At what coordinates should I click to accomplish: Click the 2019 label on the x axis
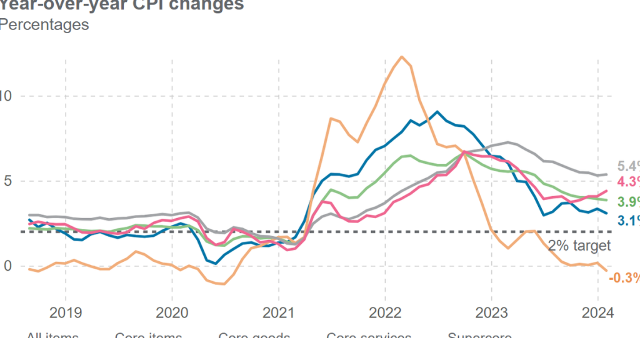pos(65,312)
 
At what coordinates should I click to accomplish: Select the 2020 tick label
pos(172,312)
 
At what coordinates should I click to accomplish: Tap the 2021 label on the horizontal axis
pos(278,312)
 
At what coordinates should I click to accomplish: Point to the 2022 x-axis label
pos(384,312)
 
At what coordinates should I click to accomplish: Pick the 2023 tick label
pos(491,312)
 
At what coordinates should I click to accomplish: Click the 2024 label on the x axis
pos(597,312)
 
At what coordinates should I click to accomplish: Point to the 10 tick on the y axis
pos(6,96)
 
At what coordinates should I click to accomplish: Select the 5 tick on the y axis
pos(7,181)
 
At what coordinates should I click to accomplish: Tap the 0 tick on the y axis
pos(7,266)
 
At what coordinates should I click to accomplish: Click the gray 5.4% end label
pos(627,166)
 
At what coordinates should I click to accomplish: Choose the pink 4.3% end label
pos(627,182)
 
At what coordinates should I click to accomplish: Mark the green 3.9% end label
pos(627,202)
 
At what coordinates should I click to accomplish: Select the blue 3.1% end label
pos(627,220)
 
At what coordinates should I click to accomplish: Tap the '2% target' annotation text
pos(579,246)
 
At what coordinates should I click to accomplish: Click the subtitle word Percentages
pos(44,25)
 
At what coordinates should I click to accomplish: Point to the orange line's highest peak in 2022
pos(402,57)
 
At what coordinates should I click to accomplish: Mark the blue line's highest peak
pos(437,112)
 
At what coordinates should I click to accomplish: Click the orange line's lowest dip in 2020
pos(222,284)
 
